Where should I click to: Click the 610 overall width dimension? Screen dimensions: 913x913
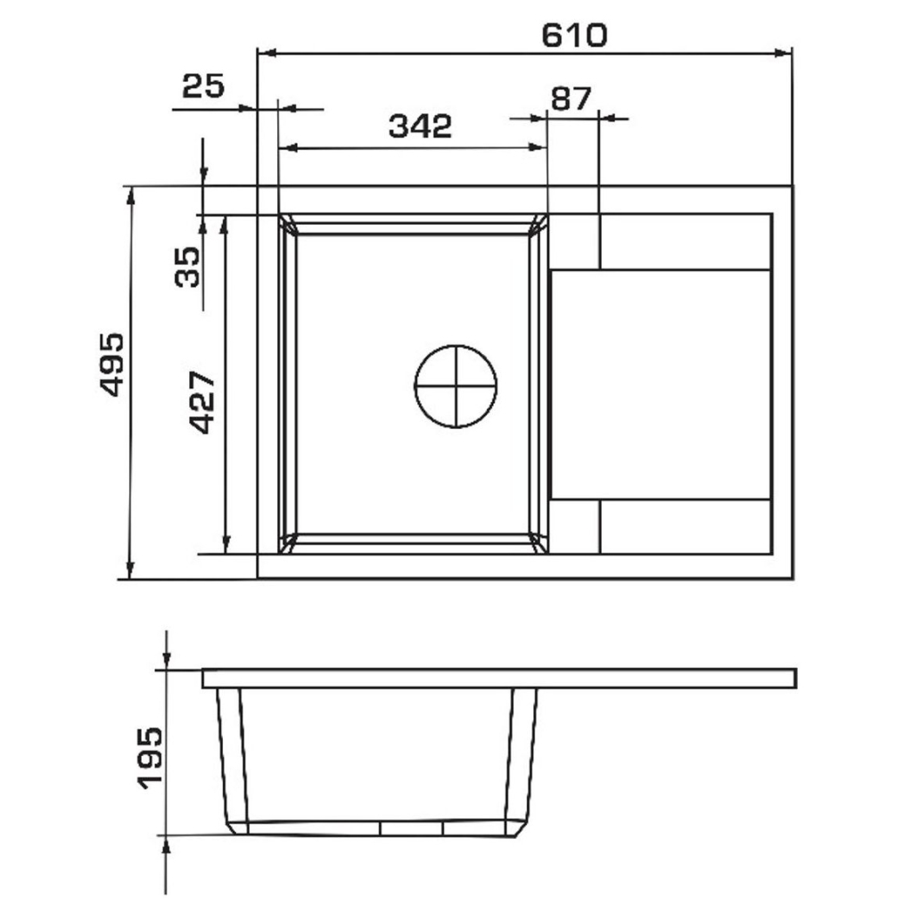(x=574, y=36)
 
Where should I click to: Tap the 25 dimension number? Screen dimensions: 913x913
(x=203, y=86)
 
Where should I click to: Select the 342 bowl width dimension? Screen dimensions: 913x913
(x=420, y=126)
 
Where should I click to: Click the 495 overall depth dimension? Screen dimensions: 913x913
(x=111, y=365)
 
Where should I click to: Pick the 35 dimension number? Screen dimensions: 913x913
(x=187, y=267)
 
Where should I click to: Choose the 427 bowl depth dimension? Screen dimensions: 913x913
(x=203, y=402)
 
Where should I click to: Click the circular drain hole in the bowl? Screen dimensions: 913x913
(x=456, y=386)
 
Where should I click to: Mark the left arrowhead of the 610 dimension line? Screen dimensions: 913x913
(x=265, y=53)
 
